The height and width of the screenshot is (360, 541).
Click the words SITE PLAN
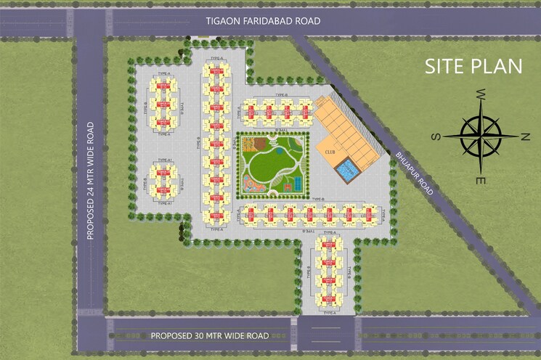coord(473,66)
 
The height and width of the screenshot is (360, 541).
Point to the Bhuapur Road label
coord(415,174)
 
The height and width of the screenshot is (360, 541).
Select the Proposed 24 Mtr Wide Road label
coord(91,181)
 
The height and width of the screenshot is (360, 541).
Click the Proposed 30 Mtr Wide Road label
coord(210,335)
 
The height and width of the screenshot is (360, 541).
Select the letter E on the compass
coord(480,179)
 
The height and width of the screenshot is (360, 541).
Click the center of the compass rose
coord(480,136)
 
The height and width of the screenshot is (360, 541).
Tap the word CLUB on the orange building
coord(330,152)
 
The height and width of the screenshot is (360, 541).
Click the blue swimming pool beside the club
coord(349,171)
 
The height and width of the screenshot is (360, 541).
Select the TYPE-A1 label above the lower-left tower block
coord(163,160)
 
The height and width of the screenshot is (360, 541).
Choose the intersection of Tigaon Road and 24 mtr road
coord(91,21)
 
